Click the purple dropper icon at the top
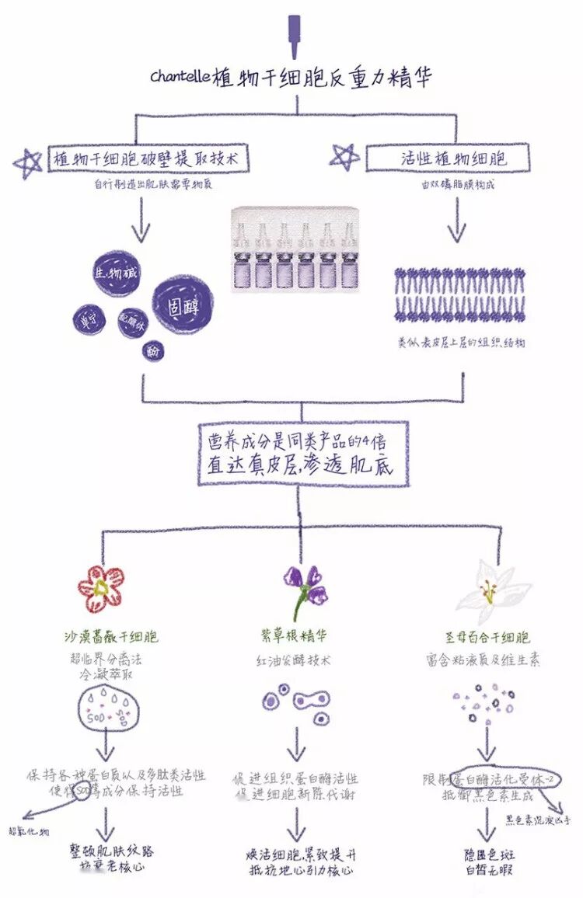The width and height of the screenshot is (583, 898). [294, 35]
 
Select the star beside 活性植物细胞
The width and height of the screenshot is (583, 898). [343, 158]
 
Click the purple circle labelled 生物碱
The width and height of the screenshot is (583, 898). [114, 274]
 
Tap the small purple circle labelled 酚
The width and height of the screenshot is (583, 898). [153, 350]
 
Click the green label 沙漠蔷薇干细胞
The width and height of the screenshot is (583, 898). [111, 637]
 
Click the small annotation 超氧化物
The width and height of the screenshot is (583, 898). [29, 832]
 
